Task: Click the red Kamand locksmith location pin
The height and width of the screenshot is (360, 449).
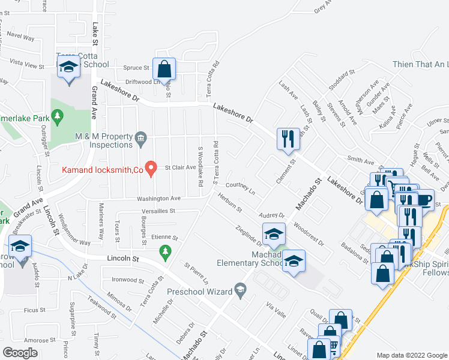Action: pyautogui.click(x=152, y=169)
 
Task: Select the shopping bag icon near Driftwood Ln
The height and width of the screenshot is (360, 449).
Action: pyautogui.click(x=164, y=70)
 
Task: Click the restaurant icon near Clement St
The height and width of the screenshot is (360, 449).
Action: pyautogui.click(x=287, y=139)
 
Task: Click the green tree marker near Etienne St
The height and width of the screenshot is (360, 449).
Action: pyautogui.click(x=166, y=256)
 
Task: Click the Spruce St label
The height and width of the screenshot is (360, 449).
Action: pyautogui.click(x=136, y=68)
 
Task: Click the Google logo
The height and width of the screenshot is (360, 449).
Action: pyautogui.click(x=20, y=352)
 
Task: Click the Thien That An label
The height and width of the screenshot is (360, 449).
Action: pyautogui.click(x=421, y=64)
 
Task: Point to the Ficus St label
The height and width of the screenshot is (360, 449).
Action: pyautogui.click(x=34, y=310)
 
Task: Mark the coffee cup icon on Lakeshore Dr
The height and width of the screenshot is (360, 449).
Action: pyautogui.click(x=424, y=199)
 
